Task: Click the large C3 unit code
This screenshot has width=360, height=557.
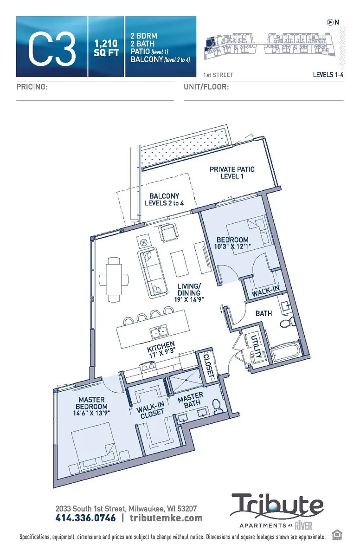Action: click(x=52, y=47)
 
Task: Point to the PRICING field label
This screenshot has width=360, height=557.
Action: click(x=32, y=87)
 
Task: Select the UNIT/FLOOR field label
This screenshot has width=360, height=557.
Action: click(x=206, y=87)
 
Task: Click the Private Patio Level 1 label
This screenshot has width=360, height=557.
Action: click(x=232, y=173)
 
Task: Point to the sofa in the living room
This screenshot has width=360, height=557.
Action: click(x=153, y=271)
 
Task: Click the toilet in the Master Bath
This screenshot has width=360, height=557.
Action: click(x=217, y=407)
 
